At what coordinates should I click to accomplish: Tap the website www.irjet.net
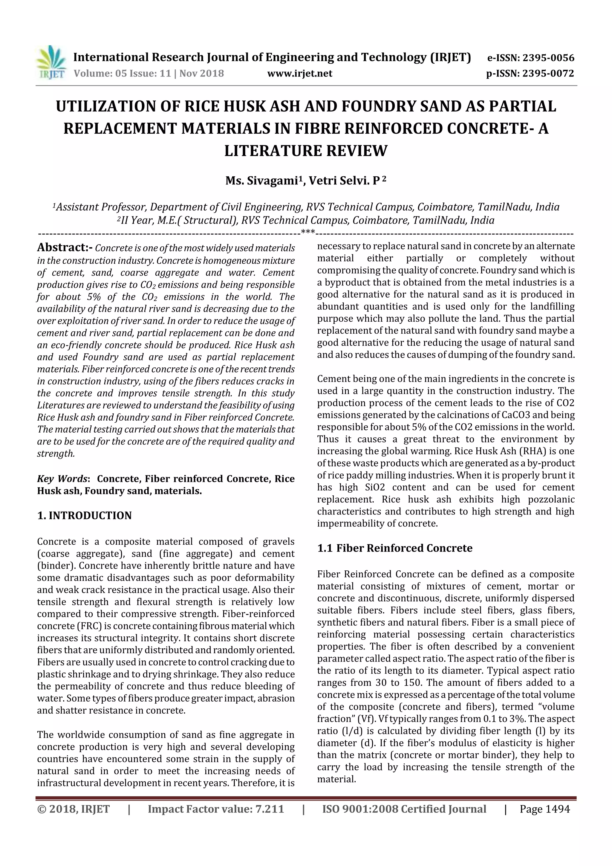[300, 73]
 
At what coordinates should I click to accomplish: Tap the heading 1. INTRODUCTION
[85, 516]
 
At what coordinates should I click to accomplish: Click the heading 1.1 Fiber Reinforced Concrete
[394, 548]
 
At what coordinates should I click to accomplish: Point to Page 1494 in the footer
[544, 809]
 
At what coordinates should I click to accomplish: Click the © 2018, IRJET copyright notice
[73, 809]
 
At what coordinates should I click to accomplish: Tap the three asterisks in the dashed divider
[308, 232]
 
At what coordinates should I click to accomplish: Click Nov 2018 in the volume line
[201, 73]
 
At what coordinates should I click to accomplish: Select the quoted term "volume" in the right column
[554, 707]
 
